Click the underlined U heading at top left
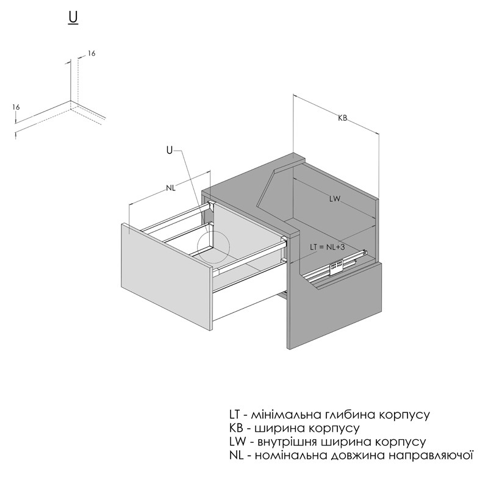click(73, 18)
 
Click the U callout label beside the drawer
click(170, 150)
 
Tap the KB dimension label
click(342, 118)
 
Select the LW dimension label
click(335, 199)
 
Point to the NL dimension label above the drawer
click(171, 188)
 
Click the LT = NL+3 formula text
click(327, 247)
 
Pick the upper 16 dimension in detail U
click(91, 54)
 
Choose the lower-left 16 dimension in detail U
click(16, 107)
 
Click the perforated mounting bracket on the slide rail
click(336, 266)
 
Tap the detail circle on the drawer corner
click(214, 248)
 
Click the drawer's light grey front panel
click(167, 276)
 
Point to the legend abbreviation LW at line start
click(237, 442)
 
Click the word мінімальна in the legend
click(286, 415)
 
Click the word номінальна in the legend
click(291, 456)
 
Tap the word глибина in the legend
click(351, 415)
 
